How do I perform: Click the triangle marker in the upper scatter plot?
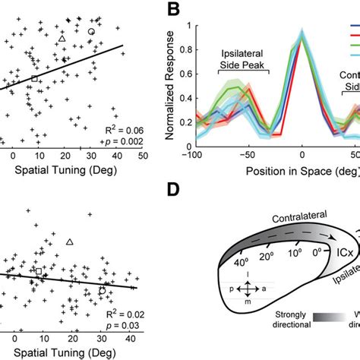point(62,38)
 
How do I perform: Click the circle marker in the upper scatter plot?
point(91,31)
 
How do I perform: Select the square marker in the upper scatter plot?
point(34,78)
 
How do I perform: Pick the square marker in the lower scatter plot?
point(38,271)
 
